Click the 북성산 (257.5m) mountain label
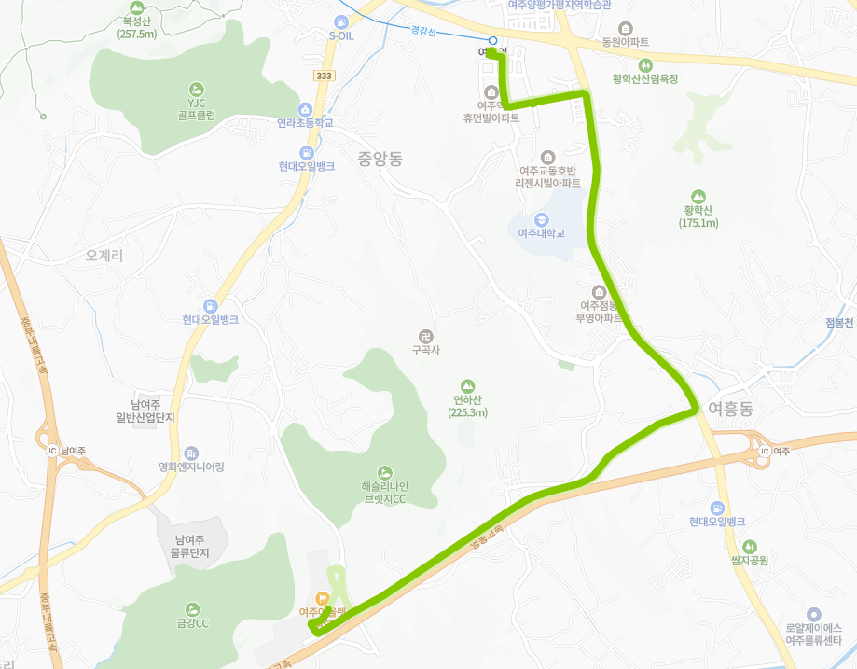135,26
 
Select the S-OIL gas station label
342,35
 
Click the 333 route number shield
324,76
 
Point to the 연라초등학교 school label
305,123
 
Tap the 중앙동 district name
380,159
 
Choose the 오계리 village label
104,254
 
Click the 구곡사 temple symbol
424,335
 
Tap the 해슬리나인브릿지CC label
384,493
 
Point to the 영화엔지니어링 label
191,467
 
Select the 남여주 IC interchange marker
53,451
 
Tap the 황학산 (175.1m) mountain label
698,216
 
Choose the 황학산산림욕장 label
644,79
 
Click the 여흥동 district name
730,409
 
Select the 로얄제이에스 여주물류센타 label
813,634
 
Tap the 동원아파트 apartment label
625,42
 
